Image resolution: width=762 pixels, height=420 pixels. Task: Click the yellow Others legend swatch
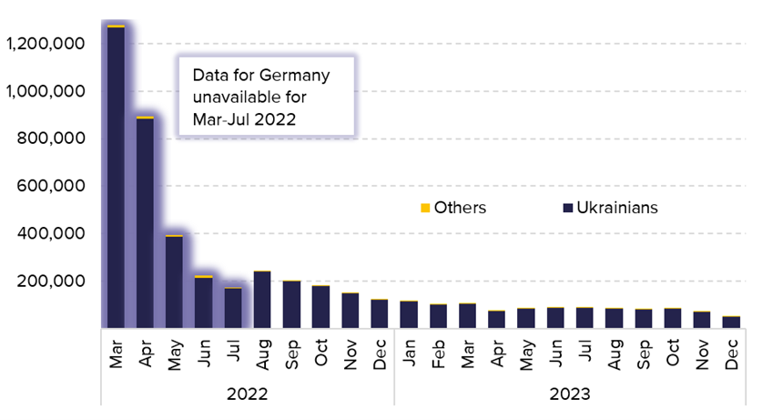pos(424,209)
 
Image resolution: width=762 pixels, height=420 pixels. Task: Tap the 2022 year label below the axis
pos(247,394)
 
